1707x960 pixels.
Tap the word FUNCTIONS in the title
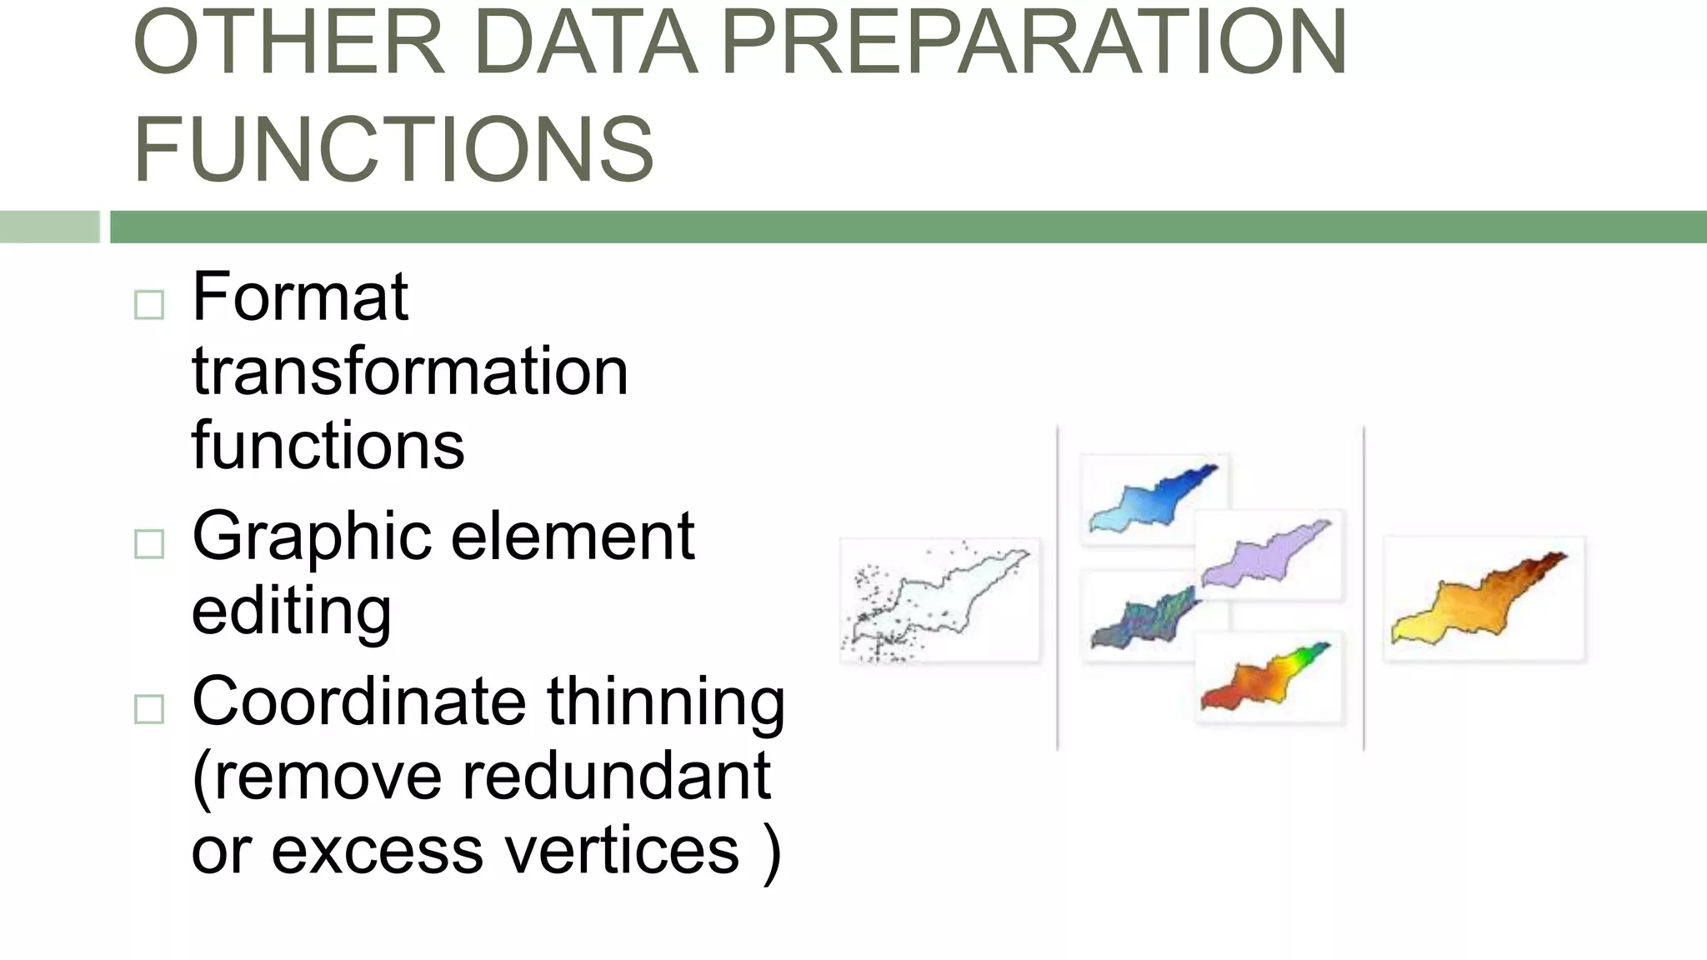click(393, 150)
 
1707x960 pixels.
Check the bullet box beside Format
click(149, 305)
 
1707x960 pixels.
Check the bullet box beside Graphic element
click(149, 544)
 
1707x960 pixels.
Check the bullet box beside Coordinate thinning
click(149, 709)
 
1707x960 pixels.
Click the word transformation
click(410, 372)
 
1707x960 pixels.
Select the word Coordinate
click(359, 702)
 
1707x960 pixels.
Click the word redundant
click(616, 777)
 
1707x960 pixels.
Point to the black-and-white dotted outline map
click(939, 600)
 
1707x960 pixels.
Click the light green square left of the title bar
click(49, 227)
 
